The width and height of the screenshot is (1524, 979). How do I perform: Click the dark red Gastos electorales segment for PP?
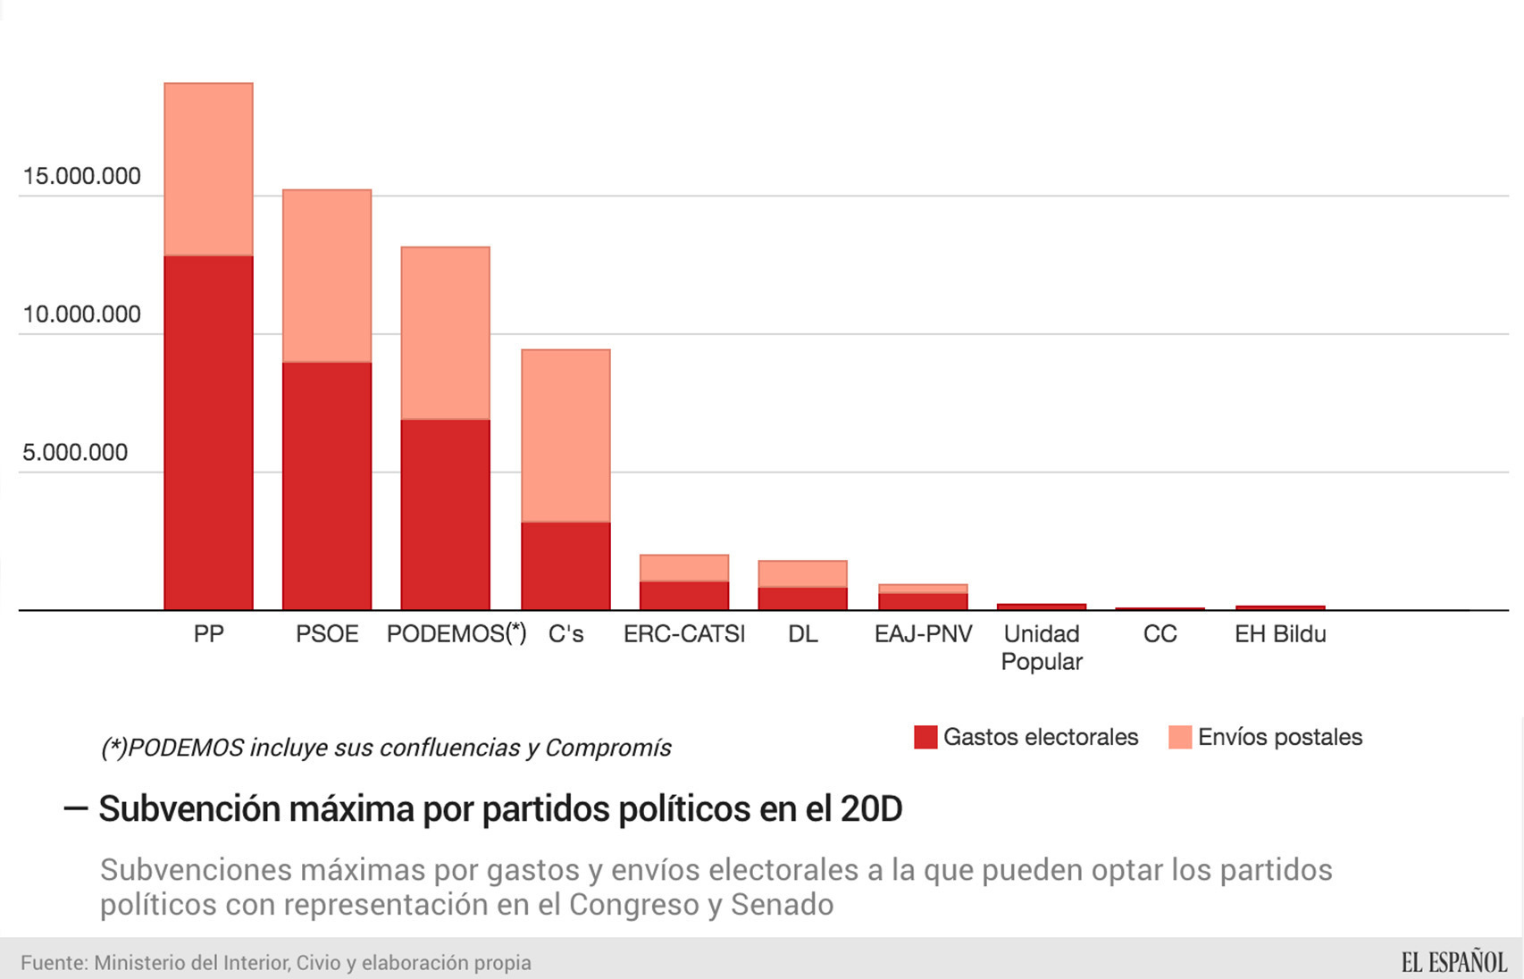(208, 432)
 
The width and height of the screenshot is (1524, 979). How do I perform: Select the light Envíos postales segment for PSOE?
(327, 275)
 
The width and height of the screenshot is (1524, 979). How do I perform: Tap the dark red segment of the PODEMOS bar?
(445, 515)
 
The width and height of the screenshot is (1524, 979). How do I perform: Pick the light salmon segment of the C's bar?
(565, 435)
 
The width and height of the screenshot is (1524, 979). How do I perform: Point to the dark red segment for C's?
(565, 565)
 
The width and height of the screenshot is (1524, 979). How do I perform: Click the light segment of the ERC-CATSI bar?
(684, 568)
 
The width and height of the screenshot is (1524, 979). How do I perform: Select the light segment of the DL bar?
(802, 573)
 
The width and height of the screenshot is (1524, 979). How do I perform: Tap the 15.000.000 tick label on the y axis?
(81, 176)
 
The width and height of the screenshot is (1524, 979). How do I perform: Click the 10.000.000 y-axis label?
(81, 314)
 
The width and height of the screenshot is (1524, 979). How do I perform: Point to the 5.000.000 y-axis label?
(75, 453)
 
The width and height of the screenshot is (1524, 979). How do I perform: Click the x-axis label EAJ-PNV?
(923, 634)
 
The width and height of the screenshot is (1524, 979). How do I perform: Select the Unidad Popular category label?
(1042, 648)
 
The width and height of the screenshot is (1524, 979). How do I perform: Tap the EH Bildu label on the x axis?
(1279, 634)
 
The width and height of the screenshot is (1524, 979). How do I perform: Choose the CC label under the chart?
(1160, 634)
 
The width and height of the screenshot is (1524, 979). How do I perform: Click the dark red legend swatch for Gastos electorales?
(925, 737)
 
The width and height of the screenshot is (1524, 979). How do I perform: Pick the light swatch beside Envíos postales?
(1180, 737)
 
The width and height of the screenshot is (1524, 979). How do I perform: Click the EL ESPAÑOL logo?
(1453, 962)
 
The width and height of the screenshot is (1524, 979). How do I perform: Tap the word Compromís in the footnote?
(608, 748)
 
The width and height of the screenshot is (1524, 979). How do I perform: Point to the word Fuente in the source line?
(53, 963)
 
